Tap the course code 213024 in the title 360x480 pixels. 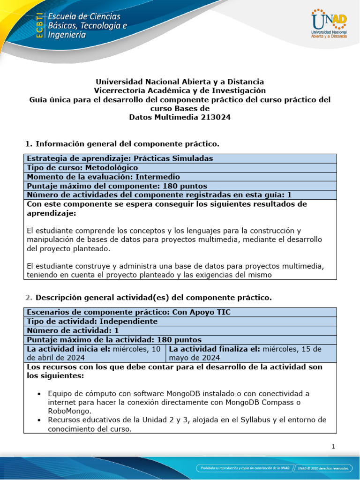pos(215,118)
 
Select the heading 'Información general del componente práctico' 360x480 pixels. pos(127,143)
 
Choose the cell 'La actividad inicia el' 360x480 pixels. pos(94,353)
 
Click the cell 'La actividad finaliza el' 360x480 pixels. pos(251,353)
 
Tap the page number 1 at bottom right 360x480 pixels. pos(333,447)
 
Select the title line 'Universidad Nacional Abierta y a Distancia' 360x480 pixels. pos(180,82)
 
